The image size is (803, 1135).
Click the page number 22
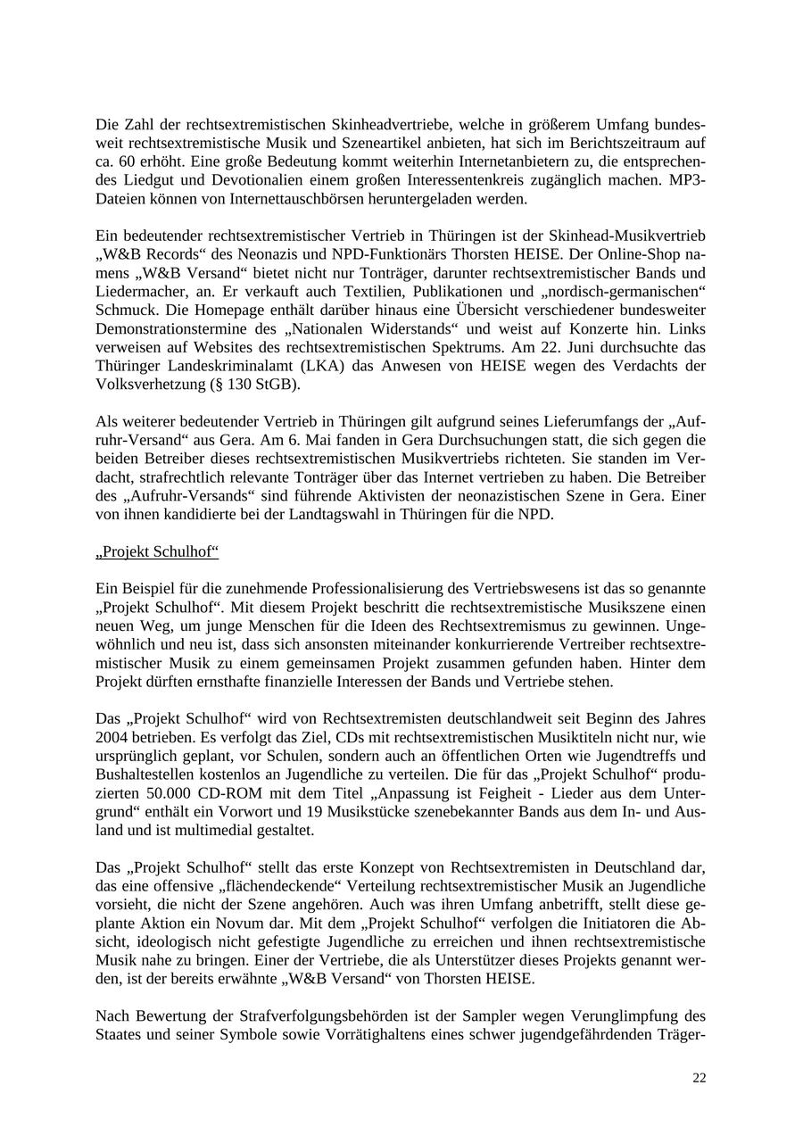point(699,1078)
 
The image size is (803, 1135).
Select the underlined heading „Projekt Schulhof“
point(157,551)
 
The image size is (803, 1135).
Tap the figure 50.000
point(172,793)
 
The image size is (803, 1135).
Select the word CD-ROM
point(237,793)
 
